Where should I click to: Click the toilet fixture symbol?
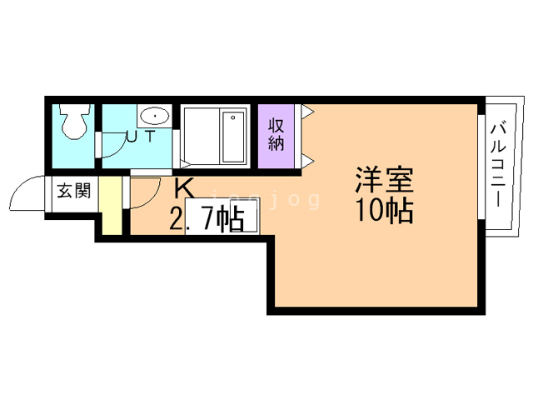(73, 121)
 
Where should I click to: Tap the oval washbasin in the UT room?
(155, 117)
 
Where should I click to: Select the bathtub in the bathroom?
(233, 137)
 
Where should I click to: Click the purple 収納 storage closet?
(276, 136)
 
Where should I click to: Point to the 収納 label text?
(276, 135)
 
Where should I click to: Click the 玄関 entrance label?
(74, 191)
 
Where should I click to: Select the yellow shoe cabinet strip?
(110, 205)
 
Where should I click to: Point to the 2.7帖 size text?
(207, 219)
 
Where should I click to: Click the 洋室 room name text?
(385, 180)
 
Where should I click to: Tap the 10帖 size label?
(385, 210)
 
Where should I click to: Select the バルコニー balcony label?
(498, 166)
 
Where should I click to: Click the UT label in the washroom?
(141, 137)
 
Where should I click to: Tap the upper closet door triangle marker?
(308, 112)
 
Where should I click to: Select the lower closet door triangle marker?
(308, 161)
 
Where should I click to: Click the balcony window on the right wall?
(481, 167)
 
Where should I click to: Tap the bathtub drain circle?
(233, 117)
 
